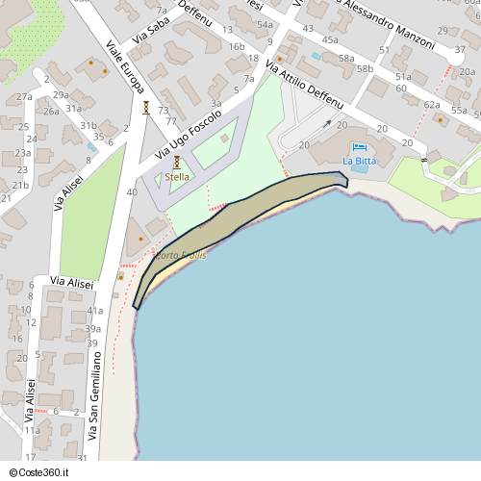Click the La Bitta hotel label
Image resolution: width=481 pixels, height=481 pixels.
pos(360,160)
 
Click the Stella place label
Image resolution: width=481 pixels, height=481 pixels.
pos(177,177)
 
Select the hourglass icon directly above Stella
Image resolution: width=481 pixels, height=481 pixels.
pos(177,163)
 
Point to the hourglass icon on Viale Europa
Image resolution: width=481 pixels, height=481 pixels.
pos(145,108)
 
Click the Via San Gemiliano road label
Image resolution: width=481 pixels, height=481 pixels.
pos(94,395)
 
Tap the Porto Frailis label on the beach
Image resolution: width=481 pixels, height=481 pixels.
pos(181,255)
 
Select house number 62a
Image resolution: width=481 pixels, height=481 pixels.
pos(432,104)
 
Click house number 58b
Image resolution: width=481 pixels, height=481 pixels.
pos(365,69)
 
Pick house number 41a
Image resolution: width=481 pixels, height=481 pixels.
pos(94,312)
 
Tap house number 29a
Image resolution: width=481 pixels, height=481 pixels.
pos(61,94)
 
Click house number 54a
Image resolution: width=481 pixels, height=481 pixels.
pos(265,24)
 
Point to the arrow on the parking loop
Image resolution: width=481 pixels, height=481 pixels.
pos(329,124)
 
